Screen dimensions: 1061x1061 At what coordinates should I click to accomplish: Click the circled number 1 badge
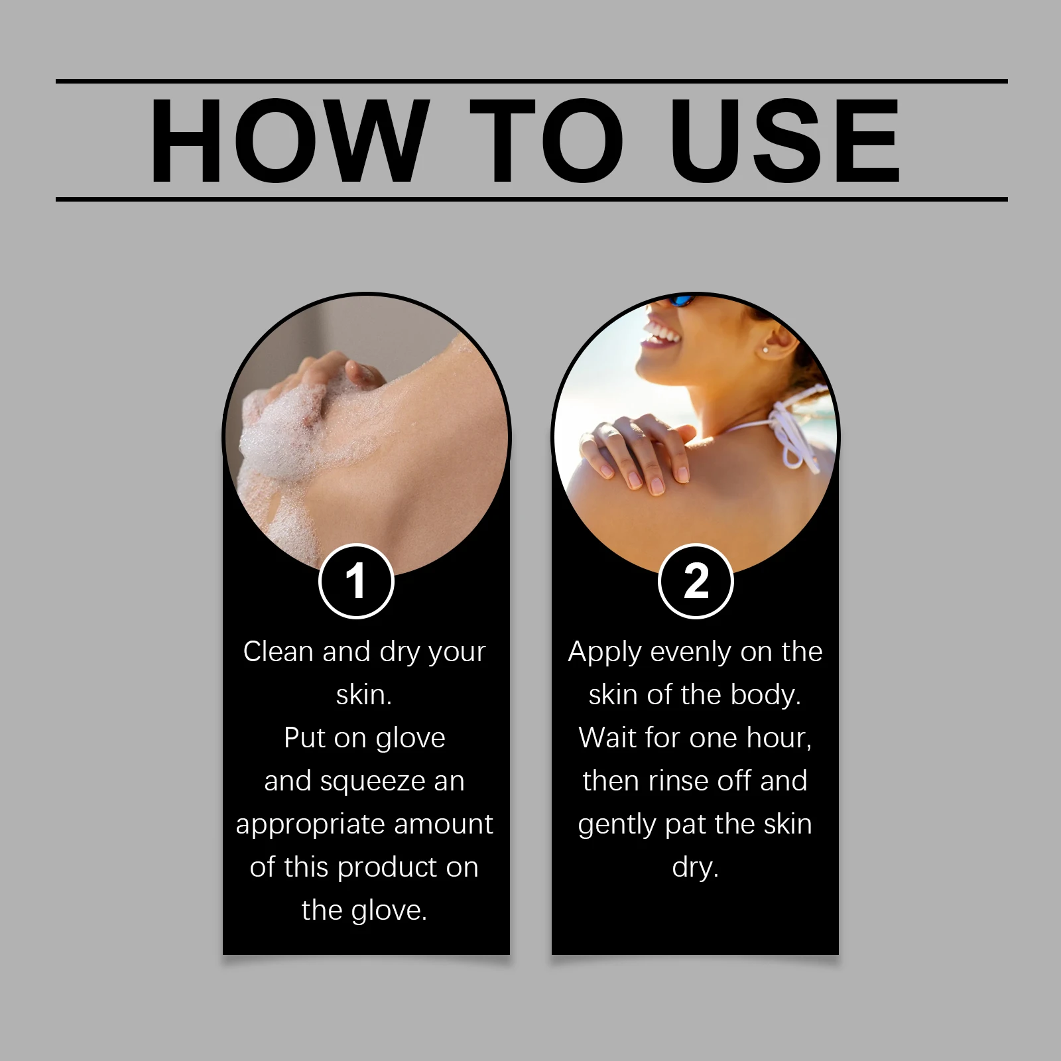pyautogui.click(x=356, y=582)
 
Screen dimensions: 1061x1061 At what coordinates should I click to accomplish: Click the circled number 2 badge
pyautogui.click(x=696, y=582)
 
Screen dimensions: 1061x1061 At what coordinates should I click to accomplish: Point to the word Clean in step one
pyautogui.click(x=278, y=652)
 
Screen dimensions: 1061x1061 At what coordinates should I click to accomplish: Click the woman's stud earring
pyautogui.click(x=767, y=349)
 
